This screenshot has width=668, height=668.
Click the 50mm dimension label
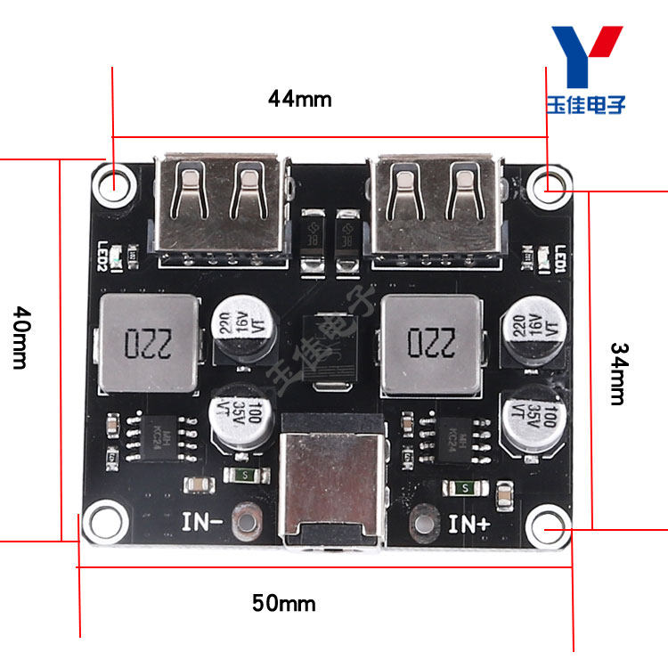click(x=284, y=604)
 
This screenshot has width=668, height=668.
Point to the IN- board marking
click(x=203, y=520)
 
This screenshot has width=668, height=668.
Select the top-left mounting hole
click(x=117, y=185)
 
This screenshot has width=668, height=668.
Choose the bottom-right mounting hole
click(x=548, y=528)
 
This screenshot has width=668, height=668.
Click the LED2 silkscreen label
click(x=103, y=257)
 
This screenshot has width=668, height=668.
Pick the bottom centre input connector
click(x=331, y=482)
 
